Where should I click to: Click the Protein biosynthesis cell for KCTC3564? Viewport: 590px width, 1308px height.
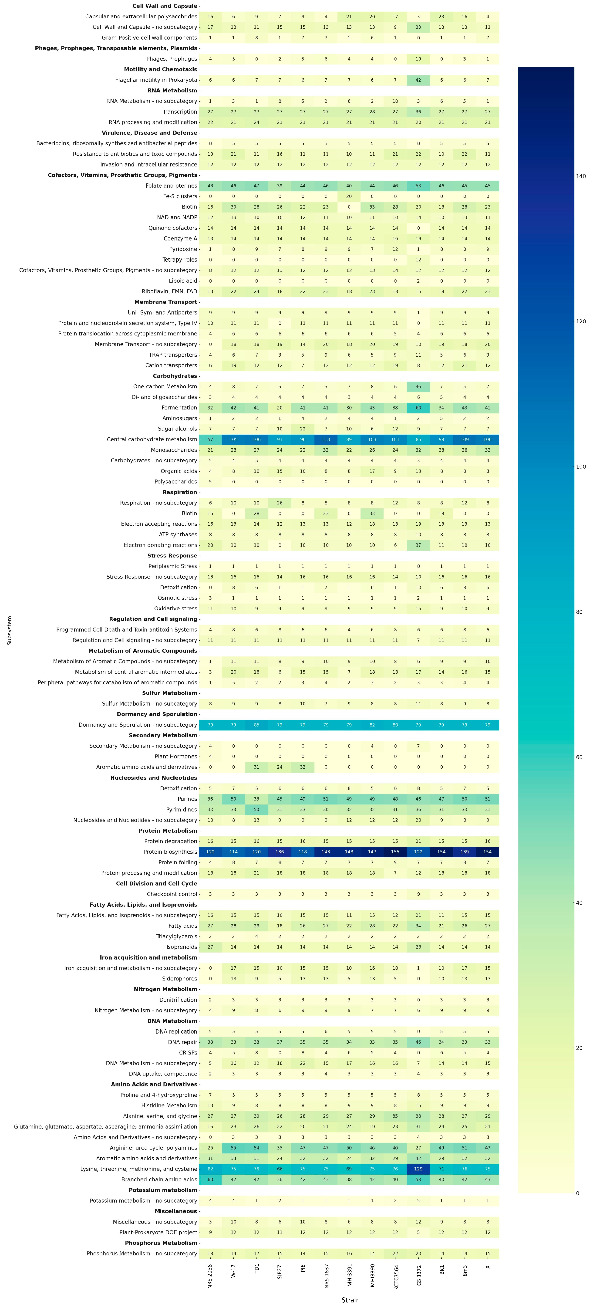pos(395,852)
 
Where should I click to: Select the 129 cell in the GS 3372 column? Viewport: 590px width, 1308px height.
pos(418,1169)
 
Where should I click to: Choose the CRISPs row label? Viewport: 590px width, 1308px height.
pos(188,1053)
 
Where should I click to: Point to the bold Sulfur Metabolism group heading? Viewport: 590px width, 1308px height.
pos(170,693)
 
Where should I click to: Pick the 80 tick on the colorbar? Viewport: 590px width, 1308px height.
pos(579,612)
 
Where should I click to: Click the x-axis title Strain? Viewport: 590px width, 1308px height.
pos(350,1300)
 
